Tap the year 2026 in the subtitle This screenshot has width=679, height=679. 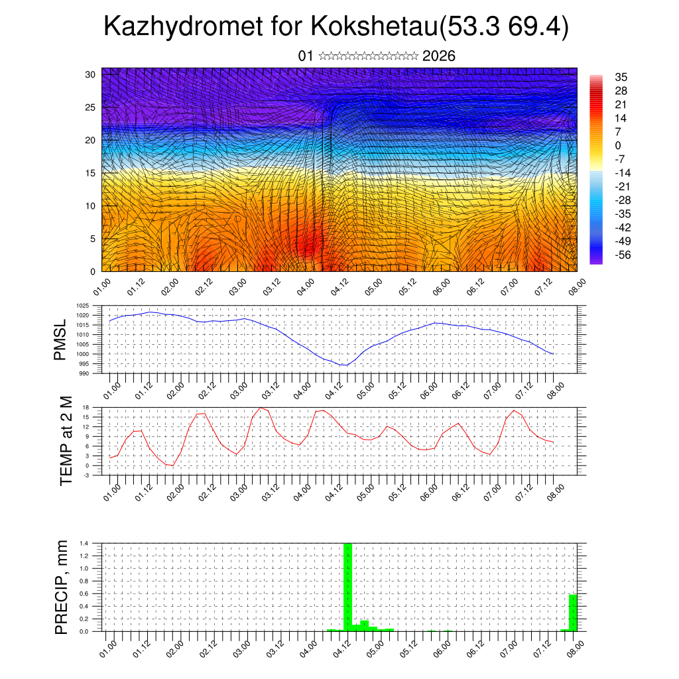tap(438, 56)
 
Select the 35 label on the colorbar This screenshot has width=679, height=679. tap(621, 77)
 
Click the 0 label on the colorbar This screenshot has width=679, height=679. tap(619, 145)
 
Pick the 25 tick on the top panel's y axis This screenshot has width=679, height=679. tap(91, 107)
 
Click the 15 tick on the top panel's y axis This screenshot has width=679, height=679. tap(91, 173)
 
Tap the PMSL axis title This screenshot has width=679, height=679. tap(61, 339)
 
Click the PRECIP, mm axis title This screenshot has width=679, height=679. tap(61, 587)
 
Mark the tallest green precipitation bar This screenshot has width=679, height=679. tap(347, 586)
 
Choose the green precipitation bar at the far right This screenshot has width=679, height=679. tap(573, 613)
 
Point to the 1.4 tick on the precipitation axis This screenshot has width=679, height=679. tap(84, 544)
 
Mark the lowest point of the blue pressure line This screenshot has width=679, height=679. tap(343, 365)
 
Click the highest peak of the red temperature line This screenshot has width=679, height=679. tap(261, 408)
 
